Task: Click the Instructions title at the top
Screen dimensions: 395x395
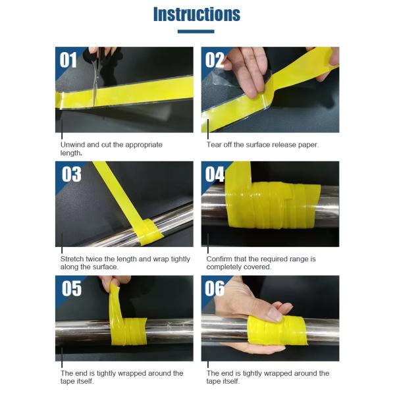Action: (197, 14)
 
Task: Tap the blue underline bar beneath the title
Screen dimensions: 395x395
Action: (196, 32)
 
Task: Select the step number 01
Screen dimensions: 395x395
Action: (68, 60)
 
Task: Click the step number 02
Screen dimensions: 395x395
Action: (215, 60)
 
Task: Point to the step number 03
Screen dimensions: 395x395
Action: (72, 174)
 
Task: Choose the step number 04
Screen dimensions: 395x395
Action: (215, 174)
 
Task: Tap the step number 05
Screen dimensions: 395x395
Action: (72, 288)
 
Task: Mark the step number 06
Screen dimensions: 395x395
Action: (215, 288)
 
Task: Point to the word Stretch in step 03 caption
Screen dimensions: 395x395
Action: (72, 259)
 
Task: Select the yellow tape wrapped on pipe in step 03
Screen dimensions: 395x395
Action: (149, 231)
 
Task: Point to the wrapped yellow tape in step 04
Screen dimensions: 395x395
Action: (273, 205)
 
